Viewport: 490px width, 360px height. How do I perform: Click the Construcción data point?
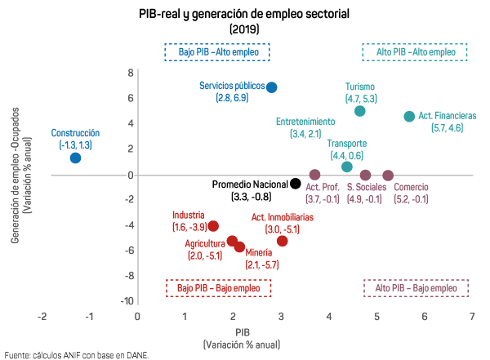(75, 158)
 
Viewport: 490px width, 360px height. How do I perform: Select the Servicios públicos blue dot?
(272, 87)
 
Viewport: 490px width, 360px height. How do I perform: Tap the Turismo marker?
(360, 111)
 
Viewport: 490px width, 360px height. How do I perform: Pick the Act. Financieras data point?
(409, 117)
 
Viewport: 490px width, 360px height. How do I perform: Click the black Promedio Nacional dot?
(296, 184)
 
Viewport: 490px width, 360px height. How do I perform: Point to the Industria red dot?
(213, 226)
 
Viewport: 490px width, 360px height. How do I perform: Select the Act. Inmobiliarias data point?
(283, 241)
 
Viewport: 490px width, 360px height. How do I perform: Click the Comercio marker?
(388, 175)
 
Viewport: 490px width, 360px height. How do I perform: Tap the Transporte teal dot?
(347, 167)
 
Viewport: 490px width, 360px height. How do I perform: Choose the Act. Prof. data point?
(314, 175)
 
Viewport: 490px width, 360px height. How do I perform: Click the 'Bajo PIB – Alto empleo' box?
(218, 52)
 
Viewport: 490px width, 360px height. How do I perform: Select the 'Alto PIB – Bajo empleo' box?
(416, 288)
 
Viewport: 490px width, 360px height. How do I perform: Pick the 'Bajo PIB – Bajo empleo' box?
(218, 288)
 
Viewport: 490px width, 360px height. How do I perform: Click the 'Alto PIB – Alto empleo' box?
(416, 52)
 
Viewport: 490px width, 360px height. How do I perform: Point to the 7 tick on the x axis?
(472, 316)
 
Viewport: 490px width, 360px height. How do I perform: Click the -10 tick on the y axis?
(127, 301)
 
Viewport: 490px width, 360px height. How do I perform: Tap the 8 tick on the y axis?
(130, 73)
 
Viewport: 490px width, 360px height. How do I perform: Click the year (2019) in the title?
(244, 29)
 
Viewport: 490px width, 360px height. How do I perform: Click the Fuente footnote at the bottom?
(77, 354)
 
